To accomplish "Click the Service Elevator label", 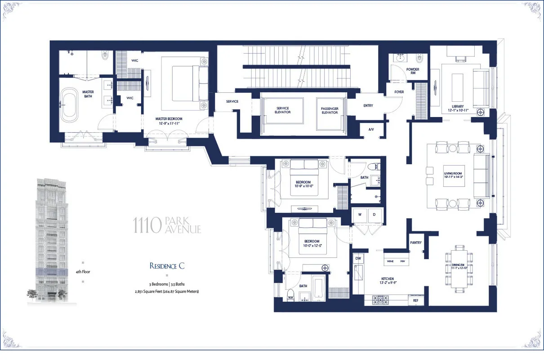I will [x=283, y=110].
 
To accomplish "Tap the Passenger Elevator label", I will [x=330, y=110].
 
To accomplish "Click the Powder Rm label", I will [x=413, y=72].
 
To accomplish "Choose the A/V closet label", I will [x=371, y=129].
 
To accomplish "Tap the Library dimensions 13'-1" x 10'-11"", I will [x=458, y=109].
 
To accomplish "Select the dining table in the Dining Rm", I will [x=459, y=268].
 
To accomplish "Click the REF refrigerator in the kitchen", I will [x=415, y=301].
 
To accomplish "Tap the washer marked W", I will [x=360, y=214].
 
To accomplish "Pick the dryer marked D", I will [x=375, y=214].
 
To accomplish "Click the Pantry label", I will [x=416, y=243].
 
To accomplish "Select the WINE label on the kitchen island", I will [x=390, y=261].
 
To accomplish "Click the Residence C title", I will [x=167, y=265].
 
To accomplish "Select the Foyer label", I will [x=399, y=92].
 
